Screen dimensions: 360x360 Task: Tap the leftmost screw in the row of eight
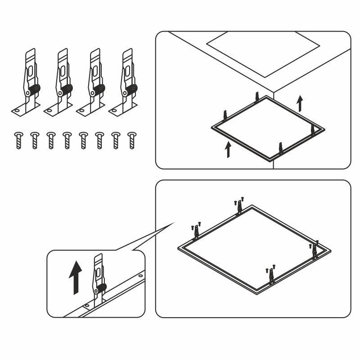pyautogui.click(x=18, y=140)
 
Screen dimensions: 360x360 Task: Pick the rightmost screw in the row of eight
pyautogui.click(x=132, y=140)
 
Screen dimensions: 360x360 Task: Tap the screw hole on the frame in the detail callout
pyautogui.click(x=141, y=275)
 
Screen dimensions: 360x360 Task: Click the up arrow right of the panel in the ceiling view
pyautogui.click(x=300, y=103)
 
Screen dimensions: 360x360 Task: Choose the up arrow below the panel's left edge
pyautogui.click(x=228, y=150)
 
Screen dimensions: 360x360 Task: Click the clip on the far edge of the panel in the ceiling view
pyautogui.click(x=257, y=97)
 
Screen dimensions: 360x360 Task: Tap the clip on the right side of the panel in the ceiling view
pyautogui.click(x=312, y=130)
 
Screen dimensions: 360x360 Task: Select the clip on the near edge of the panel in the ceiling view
pyautogui.click(x=281, y=148)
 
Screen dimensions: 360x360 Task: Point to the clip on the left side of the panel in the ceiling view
pyautogui.click(x=224, y=117)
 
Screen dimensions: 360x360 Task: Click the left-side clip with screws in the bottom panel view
pyautogui.click(x=196, y=231)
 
